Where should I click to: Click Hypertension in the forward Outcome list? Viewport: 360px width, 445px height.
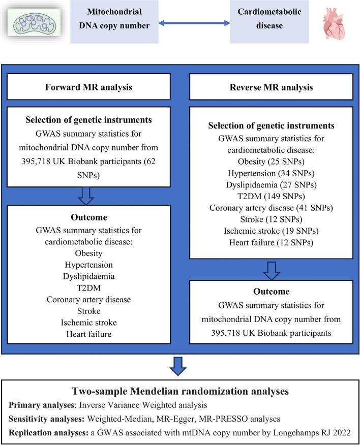tap(96, 265)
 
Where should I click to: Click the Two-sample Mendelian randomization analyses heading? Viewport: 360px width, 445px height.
tap(179, 391)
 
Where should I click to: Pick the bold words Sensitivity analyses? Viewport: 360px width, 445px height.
tap(44, 419)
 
